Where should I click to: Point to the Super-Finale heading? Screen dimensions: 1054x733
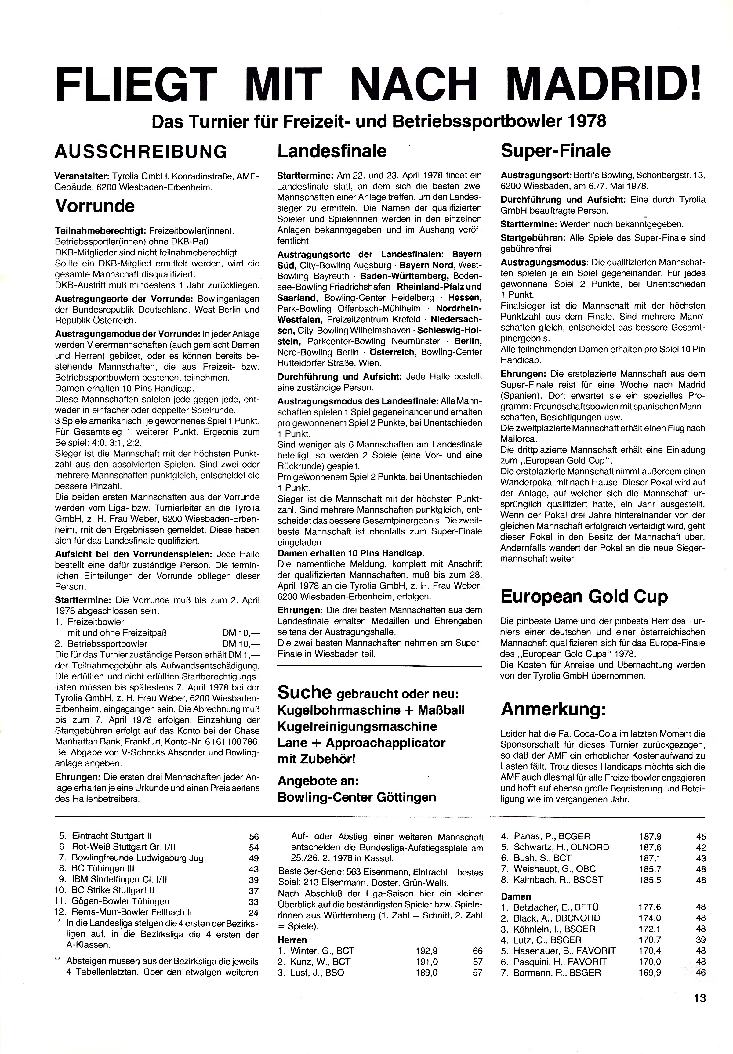pyautogui.click(x=556, y=150)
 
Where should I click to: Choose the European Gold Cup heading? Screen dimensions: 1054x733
pyautogui.click(x=584, y=596)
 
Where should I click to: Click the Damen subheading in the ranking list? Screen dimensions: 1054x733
pyautogui.click(x=516, y=896)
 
